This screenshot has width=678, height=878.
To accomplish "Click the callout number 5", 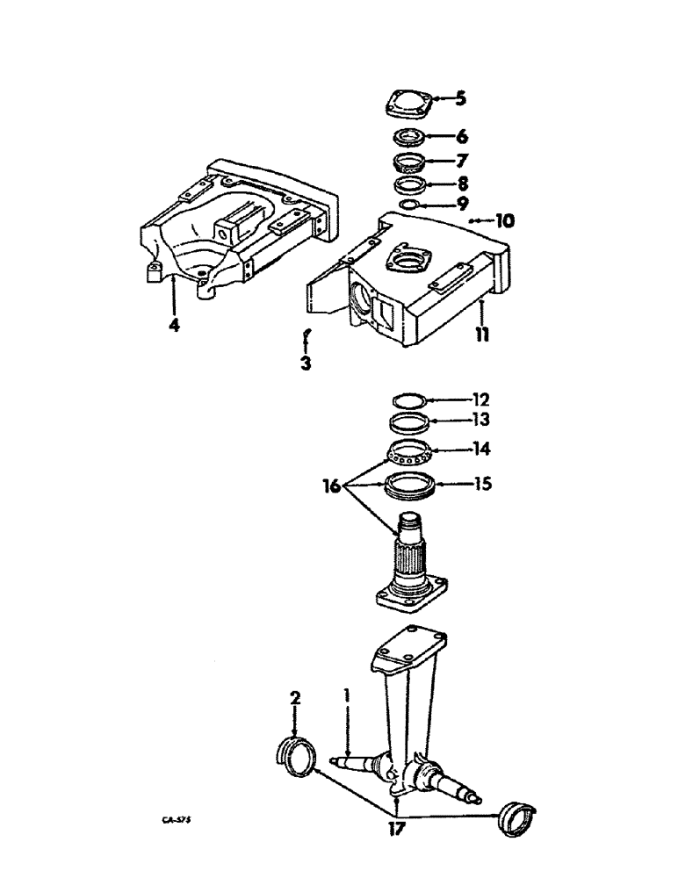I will coord(460,98).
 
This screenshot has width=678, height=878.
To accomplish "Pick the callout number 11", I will coord(482,335).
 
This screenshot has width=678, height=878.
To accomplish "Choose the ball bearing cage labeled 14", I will coord(410,452).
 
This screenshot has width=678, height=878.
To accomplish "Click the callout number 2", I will coord(295,698).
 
